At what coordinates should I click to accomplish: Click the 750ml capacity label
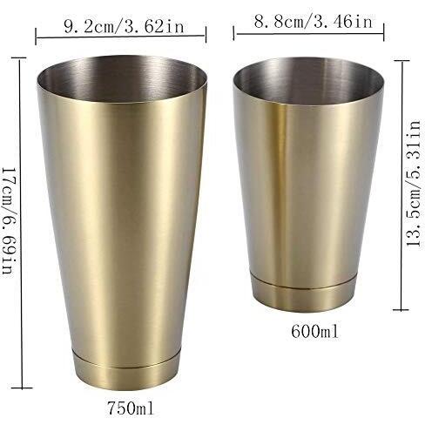(131, 408)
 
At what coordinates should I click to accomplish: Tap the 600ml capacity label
(314, 331)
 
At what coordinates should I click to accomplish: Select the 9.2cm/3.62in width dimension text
(124, 26)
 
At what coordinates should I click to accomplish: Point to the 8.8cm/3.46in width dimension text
(313, 21)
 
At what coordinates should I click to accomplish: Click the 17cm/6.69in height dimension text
(9, 220)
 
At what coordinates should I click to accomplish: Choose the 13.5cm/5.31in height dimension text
(414, 184)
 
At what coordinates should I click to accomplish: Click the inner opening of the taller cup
(122, 78)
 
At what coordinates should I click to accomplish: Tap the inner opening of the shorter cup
(308, 82)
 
